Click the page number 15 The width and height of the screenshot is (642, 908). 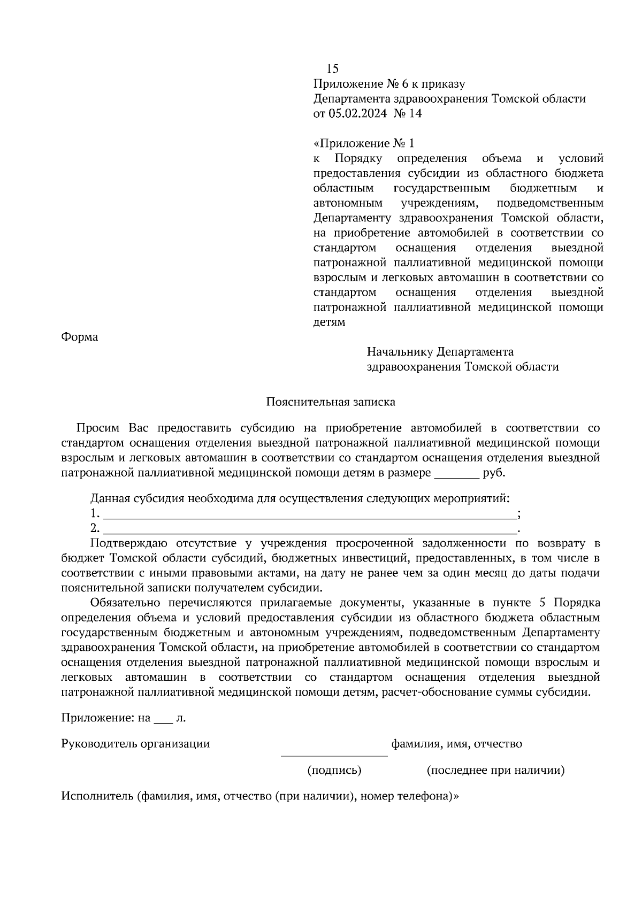tap(332, 68)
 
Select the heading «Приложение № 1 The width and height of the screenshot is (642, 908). tap(364, 143)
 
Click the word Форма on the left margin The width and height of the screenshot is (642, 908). tap(80, 337)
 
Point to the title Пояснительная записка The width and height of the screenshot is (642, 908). tap(331, 402)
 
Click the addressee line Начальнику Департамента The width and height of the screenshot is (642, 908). tap(440, 352)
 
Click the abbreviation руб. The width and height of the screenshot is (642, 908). tap(494, 473)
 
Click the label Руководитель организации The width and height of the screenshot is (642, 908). tap(135, 743)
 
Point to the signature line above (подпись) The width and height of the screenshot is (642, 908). tap(334, 755)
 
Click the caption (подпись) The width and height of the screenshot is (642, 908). tap(334, 770)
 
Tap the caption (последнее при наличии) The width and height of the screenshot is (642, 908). tap(495, 770)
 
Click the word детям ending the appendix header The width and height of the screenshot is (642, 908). tap(329, 322)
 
